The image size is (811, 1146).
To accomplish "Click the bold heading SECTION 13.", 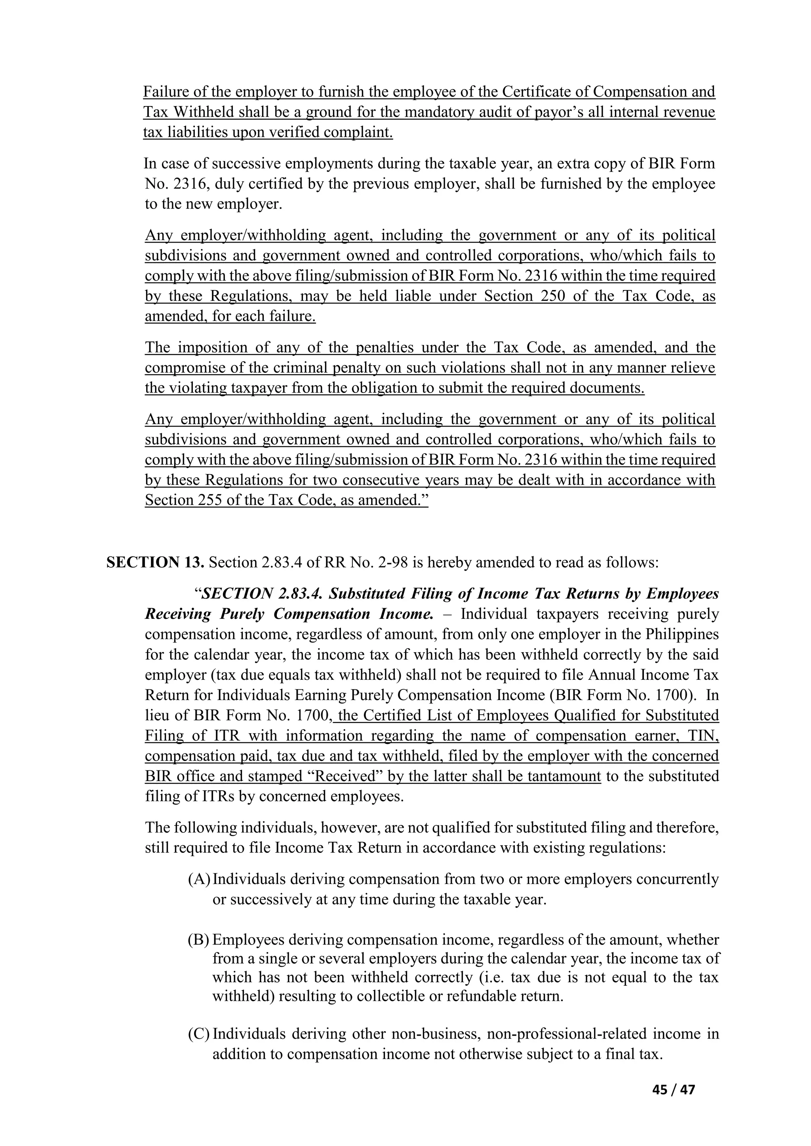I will (x=155, y=563).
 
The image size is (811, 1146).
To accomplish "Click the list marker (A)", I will (x=199, y=878).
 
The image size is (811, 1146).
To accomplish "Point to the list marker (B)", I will (x=199, y=940).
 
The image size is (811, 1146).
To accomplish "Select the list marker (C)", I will (x=199, y=1034).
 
